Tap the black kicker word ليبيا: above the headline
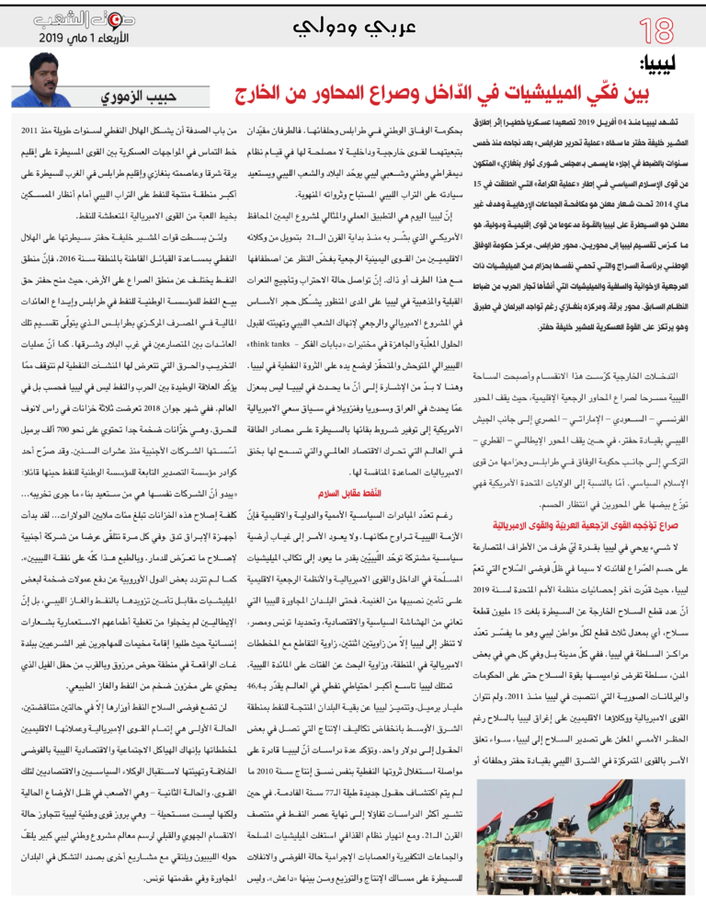pos(667,64)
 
